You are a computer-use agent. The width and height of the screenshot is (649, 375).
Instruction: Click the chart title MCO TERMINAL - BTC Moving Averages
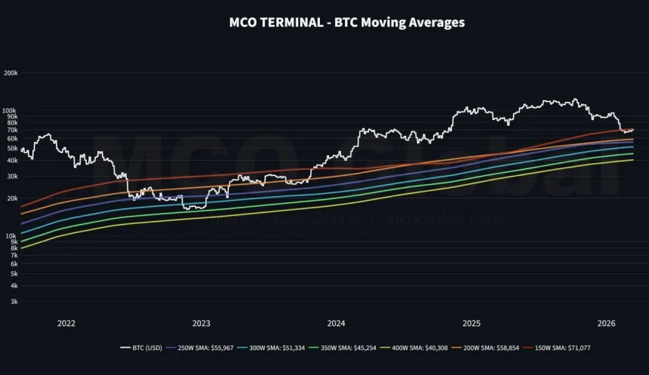(x=346, y=23)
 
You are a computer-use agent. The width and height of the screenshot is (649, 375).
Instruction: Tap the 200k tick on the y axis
(x=11, y=73)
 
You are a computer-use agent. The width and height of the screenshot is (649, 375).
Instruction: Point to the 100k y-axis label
(x=11, y=110)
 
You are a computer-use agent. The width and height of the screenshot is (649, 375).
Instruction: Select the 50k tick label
(x=12, y=149)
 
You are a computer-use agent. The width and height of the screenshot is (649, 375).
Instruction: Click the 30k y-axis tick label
(x=12, y=176)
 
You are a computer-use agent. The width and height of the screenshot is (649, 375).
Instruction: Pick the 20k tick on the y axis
(x=12, y=198)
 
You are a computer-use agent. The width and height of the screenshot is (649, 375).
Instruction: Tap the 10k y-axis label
(x=12, y=236)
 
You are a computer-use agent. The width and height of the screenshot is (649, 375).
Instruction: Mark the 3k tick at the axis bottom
(x=14, y=302)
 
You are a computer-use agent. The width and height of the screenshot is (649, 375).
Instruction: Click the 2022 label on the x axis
(x=66, y=323)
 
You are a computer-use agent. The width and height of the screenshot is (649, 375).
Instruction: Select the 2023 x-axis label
(x=201, y=323)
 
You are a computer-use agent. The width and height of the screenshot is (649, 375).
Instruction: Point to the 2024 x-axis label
(x=337, y=323)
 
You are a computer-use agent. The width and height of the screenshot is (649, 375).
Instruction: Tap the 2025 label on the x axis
(x=472, y=323)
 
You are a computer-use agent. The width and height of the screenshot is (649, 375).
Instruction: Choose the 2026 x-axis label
(x=607, y=323)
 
